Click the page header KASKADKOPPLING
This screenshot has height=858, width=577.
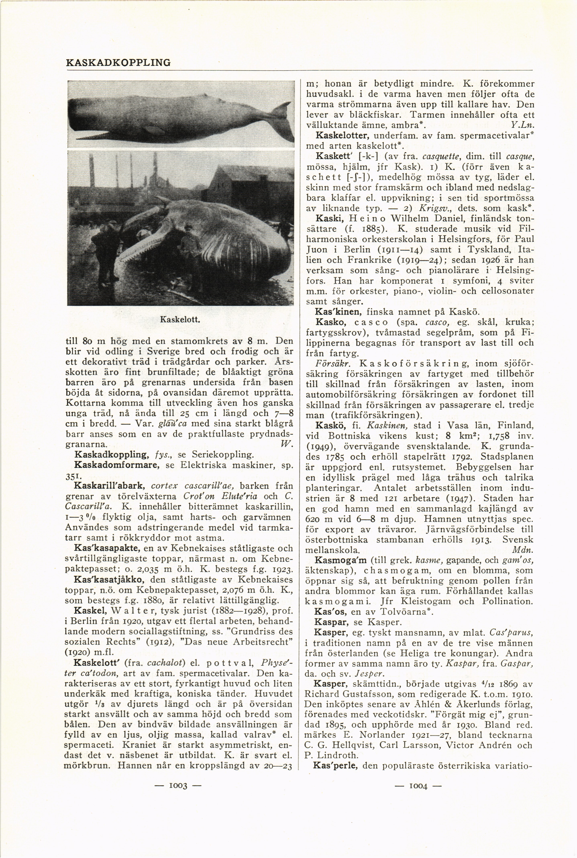click(118, 63)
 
